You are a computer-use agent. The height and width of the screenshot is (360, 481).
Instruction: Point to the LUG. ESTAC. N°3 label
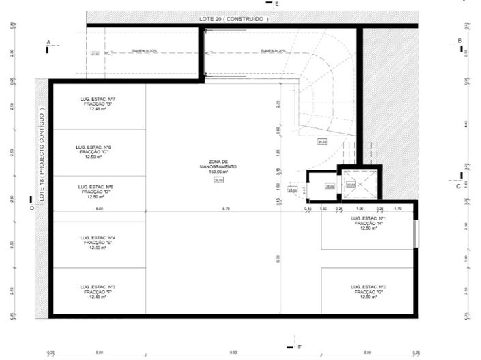pyautogui.click(x=96, y=287)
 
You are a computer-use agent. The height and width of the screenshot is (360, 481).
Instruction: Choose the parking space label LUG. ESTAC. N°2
pyautogui.click(x=368, y=287)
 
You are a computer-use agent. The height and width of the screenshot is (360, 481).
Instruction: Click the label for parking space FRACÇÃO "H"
pyautogui.click(x=368, y=224)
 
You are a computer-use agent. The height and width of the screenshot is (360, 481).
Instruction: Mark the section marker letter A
pyautogui.click(x=48, y=42)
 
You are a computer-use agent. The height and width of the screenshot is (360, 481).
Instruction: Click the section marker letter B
pyautogui.click(x=460, y=41)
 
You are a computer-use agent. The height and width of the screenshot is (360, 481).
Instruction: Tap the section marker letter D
pyautogui.click(x=32, y=208)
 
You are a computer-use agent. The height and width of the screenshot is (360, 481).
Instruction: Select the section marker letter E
pyautogui.click(x=276, y=4)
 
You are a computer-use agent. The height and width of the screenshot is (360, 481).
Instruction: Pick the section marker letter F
pyautogui.click(x=298, y=347)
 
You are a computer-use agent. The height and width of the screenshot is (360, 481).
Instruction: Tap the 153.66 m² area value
pyautogui.click(x=218, y=172)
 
